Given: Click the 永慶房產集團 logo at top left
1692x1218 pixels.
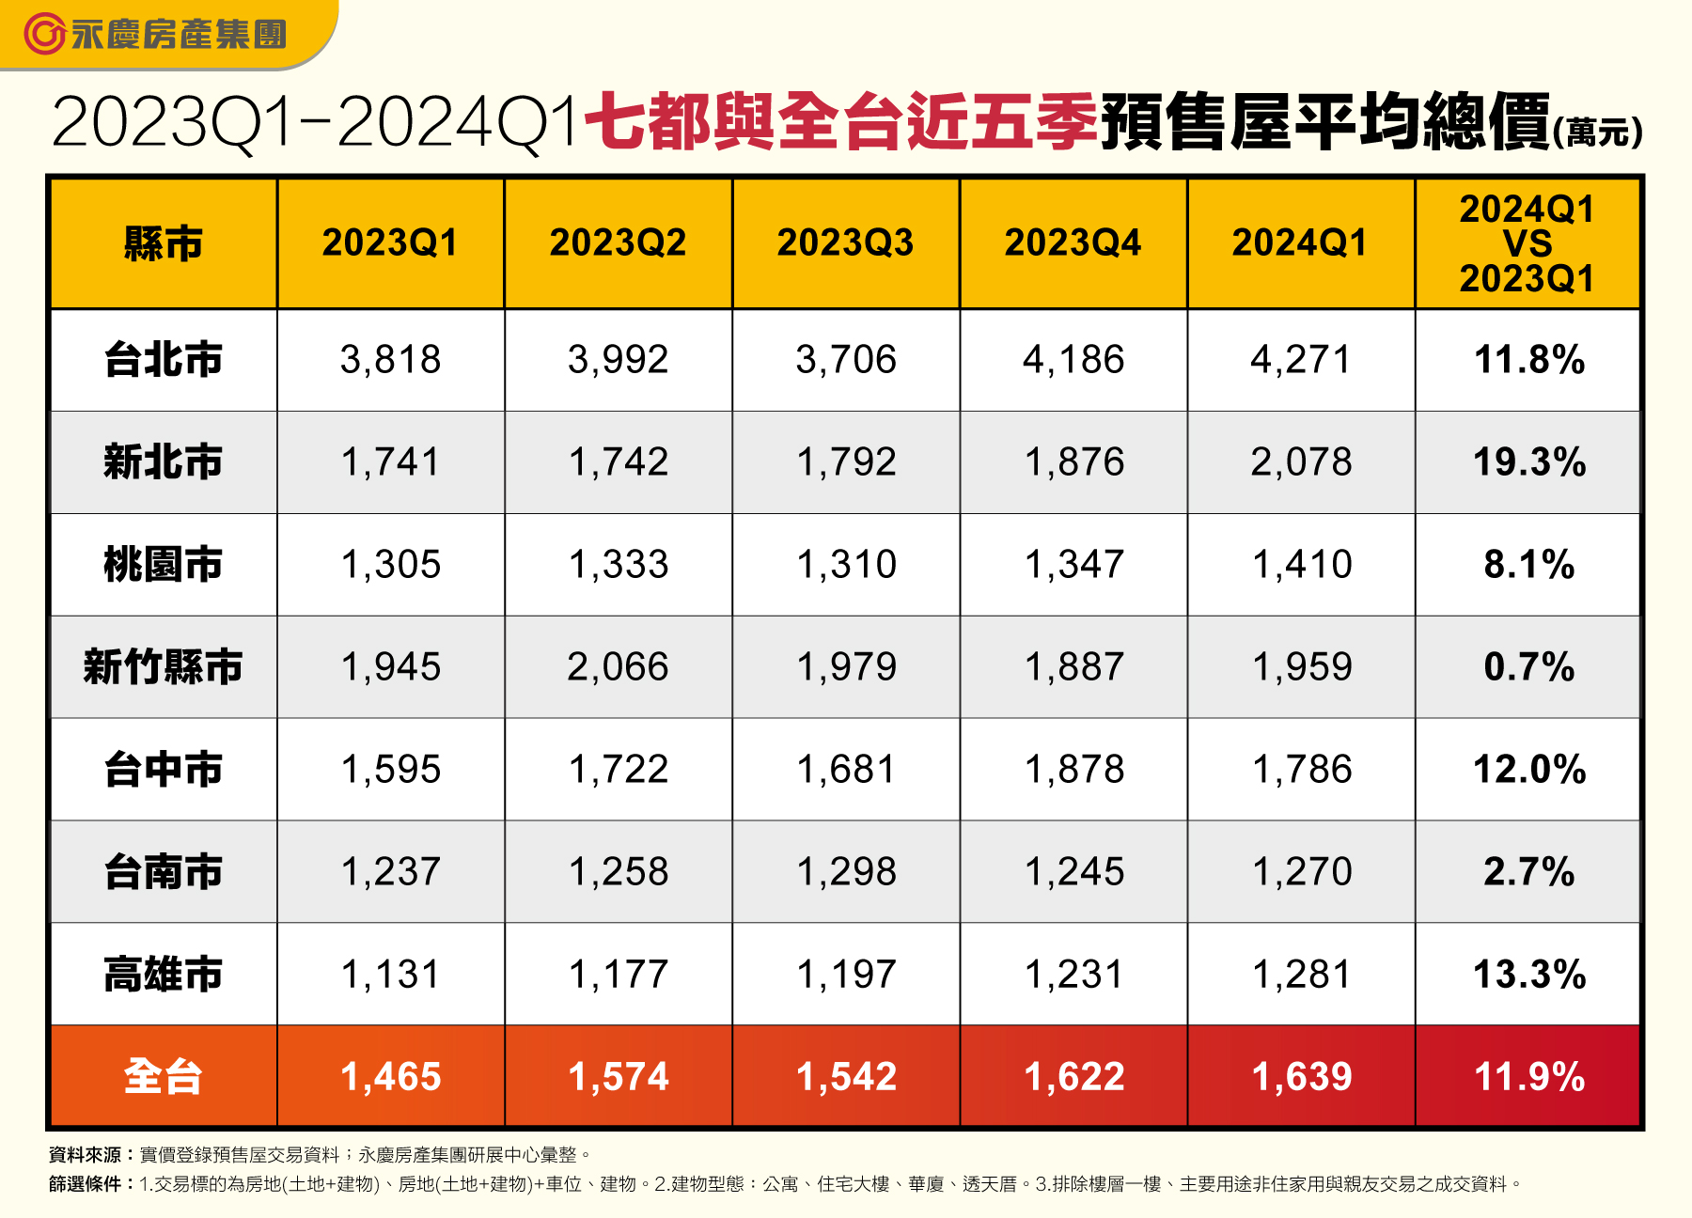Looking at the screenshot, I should pyautogui.click(x=155, y=35).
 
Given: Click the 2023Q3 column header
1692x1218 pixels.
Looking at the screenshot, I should pyautogui.click(x=845, y=243).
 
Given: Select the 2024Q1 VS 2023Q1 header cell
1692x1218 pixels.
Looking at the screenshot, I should pyautogui.click(x=1527, y=243).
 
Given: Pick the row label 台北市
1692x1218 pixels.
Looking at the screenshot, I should pyautogui.click(x=163, y=360).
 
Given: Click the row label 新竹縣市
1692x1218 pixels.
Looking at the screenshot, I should pyautogui.click(x=163, y=667).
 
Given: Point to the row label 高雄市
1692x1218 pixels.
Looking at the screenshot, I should pyautogui.click(x=163, y=975).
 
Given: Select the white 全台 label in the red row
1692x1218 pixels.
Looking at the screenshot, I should pyautogui.click(x=163, y=1077).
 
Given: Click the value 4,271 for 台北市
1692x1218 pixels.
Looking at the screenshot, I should pyautogui.click(x=1300, y=360).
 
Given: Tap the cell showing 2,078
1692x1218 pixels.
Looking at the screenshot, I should pyautogui.click(x=1300, y=462).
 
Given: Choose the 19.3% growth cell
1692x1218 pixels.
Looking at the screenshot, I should pyautogui.click(x=1528, y=462).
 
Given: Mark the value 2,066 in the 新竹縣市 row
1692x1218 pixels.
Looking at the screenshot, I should pyautogui.click(x=618, y=667).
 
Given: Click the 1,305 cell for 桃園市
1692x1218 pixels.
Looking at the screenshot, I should pyautogui.click(x=390, y=565).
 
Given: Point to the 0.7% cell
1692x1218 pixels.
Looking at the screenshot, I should pyautogui.click(x=1528, y=667).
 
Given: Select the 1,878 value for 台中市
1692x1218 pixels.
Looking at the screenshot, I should pyautogui.click(x=1073, y=770).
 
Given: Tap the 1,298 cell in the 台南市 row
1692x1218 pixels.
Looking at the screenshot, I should pyautogui.click(x=846, y=872).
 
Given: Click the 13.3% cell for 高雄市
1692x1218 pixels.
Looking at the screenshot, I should pyautogui.click(x=1528, y=975).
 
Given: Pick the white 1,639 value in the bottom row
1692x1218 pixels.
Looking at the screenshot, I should pyautogui.click(x=1301, y=1077).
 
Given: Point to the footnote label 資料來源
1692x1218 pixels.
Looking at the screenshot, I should pyautogui.click(x=86, y=1155).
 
